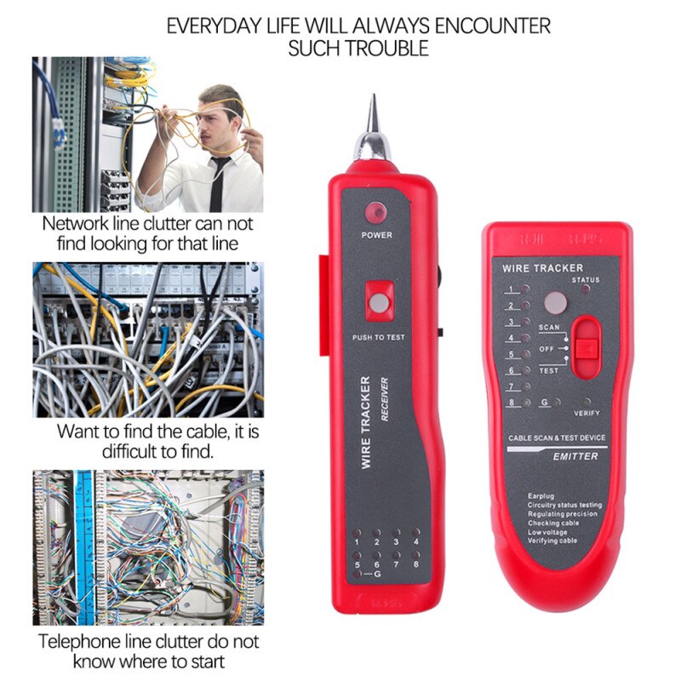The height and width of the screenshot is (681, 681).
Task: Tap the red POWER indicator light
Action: (x=376, y=214)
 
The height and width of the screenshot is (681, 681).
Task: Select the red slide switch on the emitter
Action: (x=585, y=347)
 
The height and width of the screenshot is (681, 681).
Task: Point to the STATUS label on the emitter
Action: (x=586, y=279)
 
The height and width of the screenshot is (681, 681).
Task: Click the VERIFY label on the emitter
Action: (x=587, y=413)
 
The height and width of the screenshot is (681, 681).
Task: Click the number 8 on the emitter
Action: (x=512, y=403)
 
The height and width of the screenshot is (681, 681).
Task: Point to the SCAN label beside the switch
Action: (x=549, y=327)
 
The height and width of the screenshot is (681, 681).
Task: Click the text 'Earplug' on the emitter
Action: (x=541, y=495)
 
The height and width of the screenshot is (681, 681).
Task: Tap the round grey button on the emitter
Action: (x=555, y=303)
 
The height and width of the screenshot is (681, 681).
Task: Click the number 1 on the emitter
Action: (x=512, y=289)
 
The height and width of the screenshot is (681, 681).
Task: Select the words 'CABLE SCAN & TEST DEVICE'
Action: (x=557, y=438)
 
